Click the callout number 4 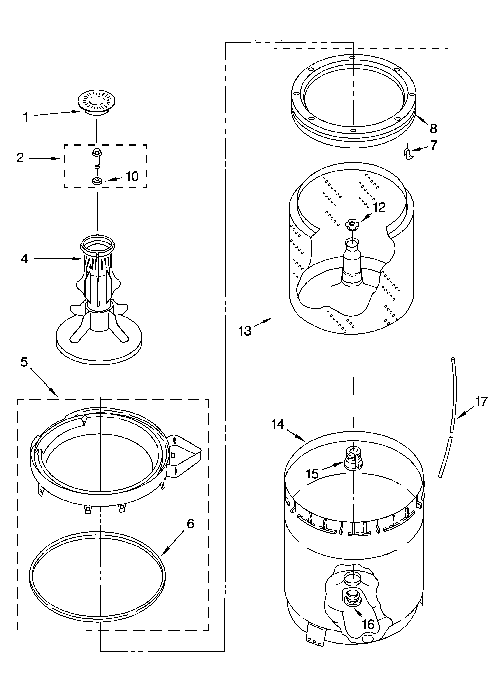(25, 258)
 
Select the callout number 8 (433, 129)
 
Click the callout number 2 (20, 157)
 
